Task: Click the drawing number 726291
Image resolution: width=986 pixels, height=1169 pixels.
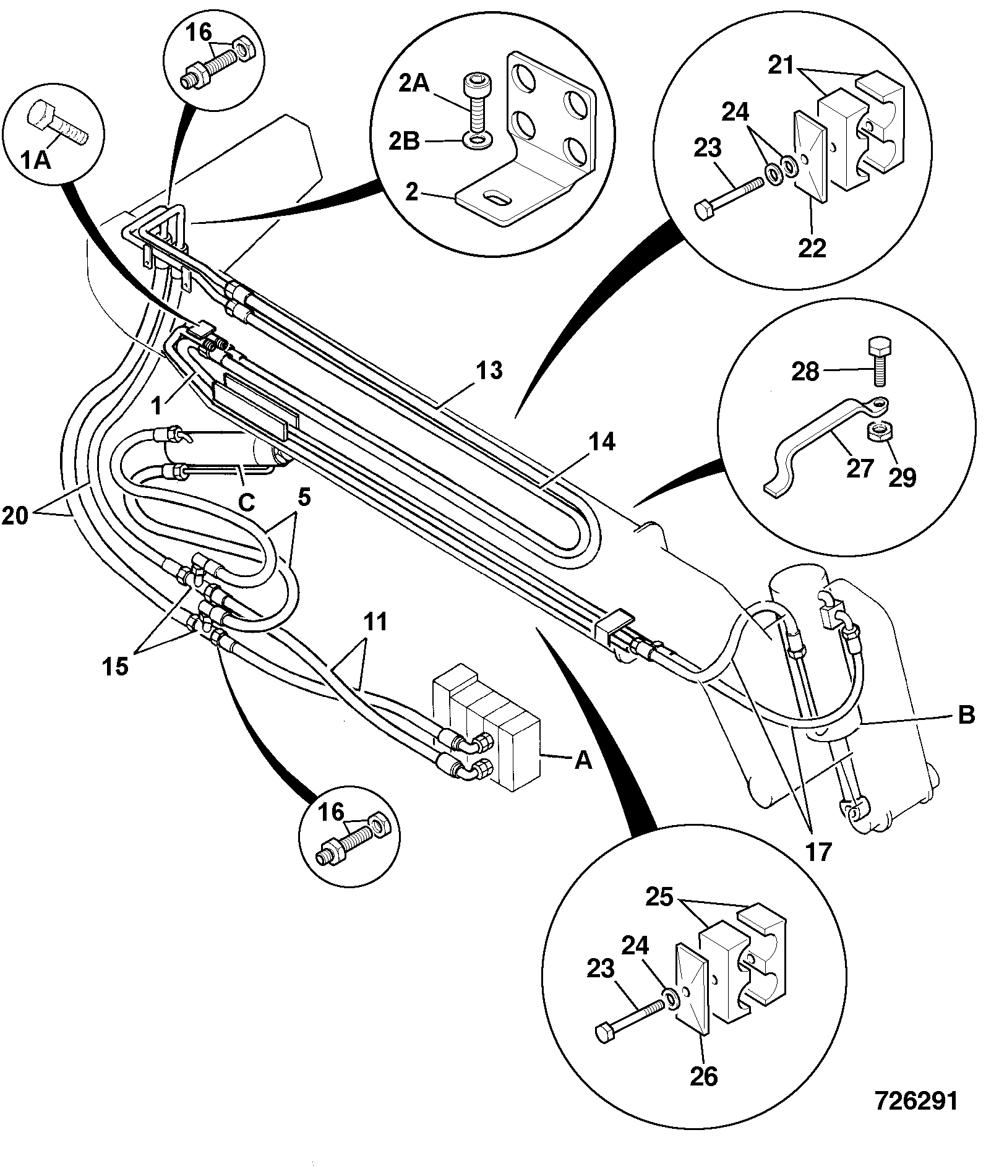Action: [915, 1102]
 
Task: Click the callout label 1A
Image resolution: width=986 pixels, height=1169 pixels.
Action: [36, 162]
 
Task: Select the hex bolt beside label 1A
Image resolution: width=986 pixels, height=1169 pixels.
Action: [58, 123]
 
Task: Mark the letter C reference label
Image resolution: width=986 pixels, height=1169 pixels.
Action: [246, 502]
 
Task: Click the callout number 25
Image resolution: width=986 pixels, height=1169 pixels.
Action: [659, 897]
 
